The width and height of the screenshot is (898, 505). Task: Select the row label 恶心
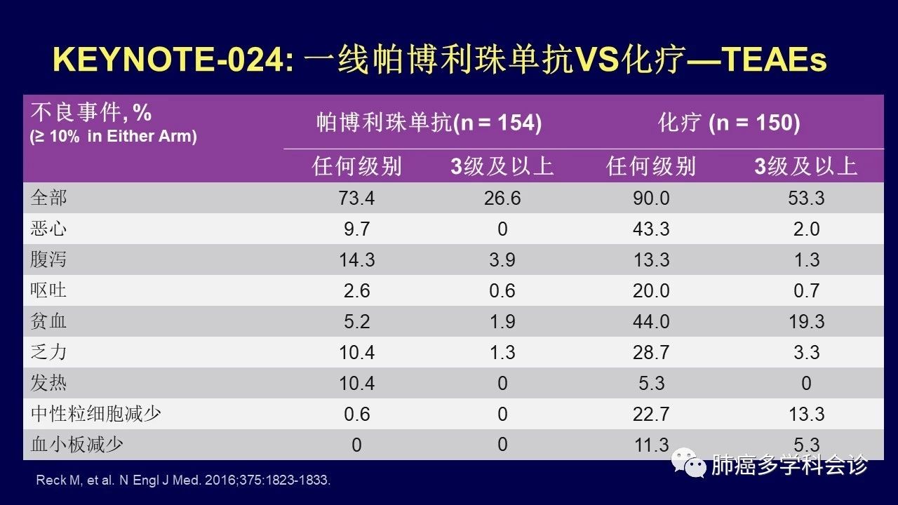point(48,229)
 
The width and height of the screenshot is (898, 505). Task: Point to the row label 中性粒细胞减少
point(96,414)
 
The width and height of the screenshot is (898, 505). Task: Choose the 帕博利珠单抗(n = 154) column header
point(429,123)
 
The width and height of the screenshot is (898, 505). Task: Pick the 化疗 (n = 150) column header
point(729,123)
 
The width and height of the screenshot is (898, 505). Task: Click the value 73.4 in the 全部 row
point(356,198)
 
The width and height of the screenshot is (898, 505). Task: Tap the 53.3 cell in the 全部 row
point(806,198)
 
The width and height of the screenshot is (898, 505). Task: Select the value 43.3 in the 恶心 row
point(651,229)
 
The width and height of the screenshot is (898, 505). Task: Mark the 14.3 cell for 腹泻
point(356,260)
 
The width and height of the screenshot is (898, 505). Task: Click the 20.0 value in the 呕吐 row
point(651,291)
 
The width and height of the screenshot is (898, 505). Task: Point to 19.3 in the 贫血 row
point(806,322)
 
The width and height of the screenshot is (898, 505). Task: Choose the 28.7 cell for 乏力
point(651,353)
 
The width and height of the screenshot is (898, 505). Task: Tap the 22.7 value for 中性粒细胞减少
point(651,415)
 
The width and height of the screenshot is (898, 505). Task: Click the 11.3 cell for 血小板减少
point(651,445)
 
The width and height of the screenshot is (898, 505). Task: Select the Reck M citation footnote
point(182,481)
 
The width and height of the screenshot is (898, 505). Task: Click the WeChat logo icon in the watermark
point(688,463)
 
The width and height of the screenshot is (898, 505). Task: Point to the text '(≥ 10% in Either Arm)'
point(113,136)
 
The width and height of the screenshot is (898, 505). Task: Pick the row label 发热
point(48,383)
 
